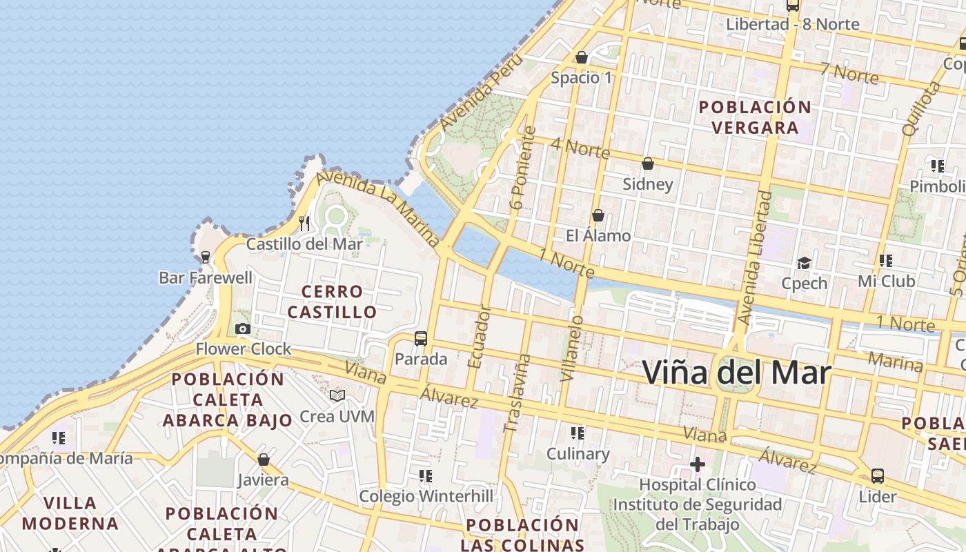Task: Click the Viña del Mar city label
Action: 736,373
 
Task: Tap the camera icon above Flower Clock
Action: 243,329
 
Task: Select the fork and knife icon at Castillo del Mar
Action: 304,224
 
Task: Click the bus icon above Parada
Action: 421,339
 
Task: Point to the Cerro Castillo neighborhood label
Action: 332,302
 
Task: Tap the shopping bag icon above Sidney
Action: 648,164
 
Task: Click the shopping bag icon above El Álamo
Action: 598,216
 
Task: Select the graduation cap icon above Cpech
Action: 804,263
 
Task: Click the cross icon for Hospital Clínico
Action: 698,464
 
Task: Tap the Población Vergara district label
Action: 755,117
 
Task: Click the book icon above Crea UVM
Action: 337,396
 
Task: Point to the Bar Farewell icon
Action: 205,257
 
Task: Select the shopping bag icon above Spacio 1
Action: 582,57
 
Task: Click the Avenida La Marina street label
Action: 378,210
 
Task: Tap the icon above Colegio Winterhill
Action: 426,476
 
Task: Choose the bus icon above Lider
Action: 878,476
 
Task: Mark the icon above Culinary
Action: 578,433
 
